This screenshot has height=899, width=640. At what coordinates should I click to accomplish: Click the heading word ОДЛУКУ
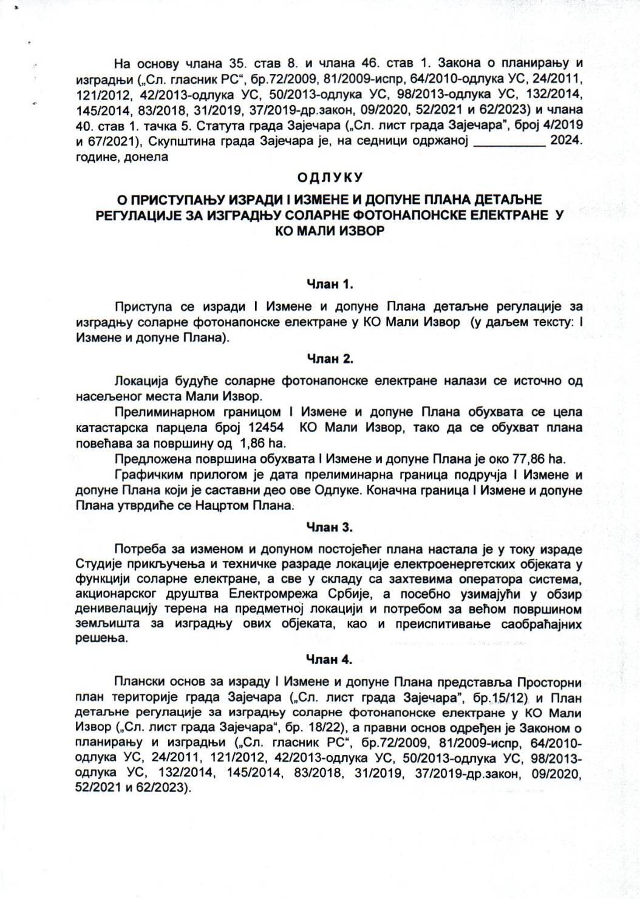(329, 177)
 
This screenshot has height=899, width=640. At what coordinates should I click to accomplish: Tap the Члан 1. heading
(329, 284)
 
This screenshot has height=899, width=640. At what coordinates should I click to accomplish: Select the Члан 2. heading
(329, 359)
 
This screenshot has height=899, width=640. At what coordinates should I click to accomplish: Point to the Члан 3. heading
(329, 527)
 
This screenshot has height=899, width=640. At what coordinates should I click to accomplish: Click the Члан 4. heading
(329, 659)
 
